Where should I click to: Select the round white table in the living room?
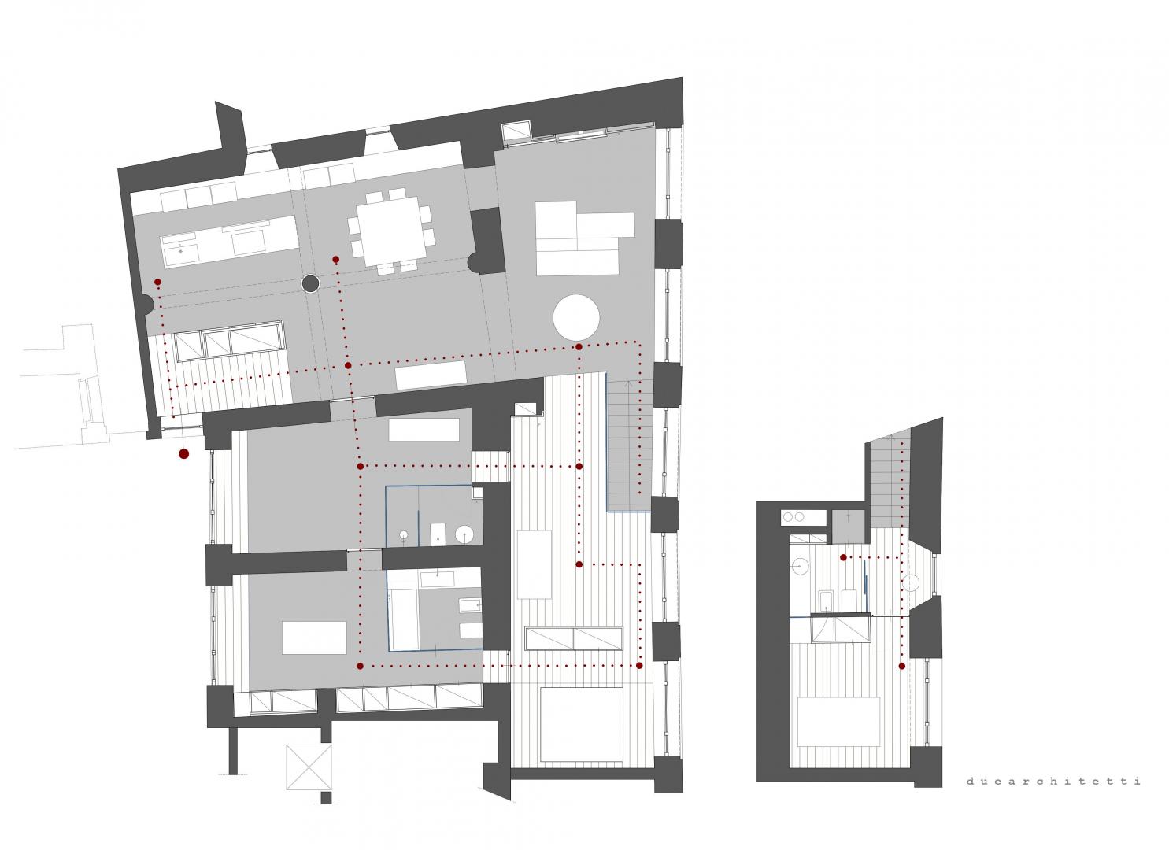576,317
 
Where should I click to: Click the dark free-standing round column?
310,283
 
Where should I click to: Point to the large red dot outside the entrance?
183,454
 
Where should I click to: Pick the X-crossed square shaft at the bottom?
309,767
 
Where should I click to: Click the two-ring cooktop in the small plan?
803,518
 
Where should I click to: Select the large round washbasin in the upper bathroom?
464,534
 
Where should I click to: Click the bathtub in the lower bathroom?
403,619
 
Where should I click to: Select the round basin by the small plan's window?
911,583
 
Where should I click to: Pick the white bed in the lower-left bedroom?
314,637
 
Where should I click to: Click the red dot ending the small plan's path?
902,666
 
